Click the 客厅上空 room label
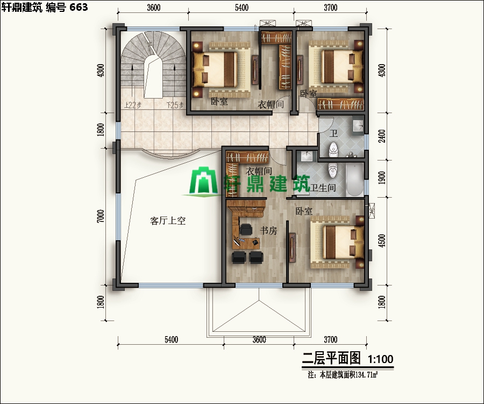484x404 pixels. tap(168, 221)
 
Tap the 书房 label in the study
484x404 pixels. tap(268, 231)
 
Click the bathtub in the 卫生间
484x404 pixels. tap(354, 180)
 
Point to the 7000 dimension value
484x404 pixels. tap(101, 215)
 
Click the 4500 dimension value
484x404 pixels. tap(382, 239)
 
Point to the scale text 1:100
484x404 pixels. tap(380, 359)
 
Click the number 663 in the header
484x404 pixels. tap(77, 6)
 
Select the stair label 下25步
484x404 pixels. tap(175, 105)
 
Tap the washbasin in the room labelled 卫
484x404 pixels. tap(358, 127)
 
